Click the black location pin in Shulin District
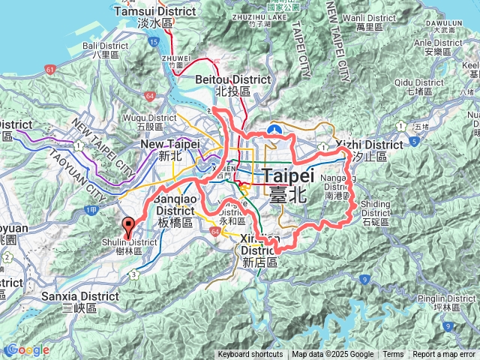click(x=128, y=225)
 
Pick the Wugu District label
click(x=151, y=121)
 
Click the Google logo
click(x=27, y=350)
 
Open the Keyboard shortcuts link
click(x=250, y=355)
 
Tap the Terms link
click(x=393, y=355)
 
